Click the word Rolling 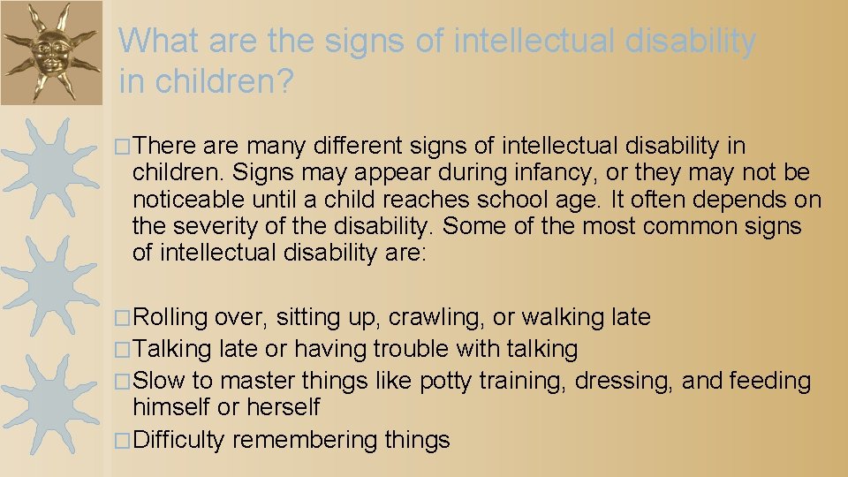170,316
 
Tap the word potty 446,381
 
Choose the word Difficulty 179,440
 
